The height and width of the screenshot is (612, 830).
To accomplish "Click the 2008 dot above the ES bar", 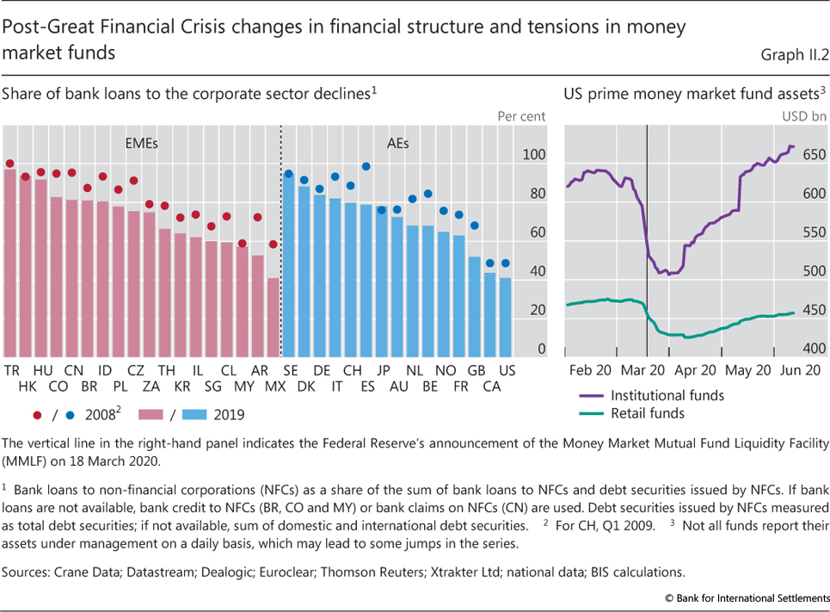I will (x=366, y=166).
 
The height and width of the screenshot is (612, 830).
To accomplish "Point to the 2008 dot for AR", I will (x=257, y=218).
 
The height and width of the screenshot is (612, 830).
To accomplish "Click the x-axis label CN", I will (x=73, y=369).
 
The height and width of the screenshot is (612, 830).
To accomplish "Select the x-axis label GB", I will (x=476, y=369).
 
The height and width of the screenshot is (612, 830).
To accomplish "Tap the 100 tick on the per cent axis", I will (x=535, y=155).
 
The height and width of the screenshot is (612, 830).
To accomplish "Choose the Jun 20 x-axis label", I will (x=800, y=369).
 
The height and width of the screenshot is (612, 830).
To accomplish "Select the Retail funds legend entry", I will (x=647, y=413).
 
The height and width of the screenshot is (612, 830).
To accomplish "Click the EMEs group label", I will (x=141, y=144).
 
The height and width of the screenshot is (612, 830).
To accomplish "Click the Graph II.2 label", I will (x=793, y=56).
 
